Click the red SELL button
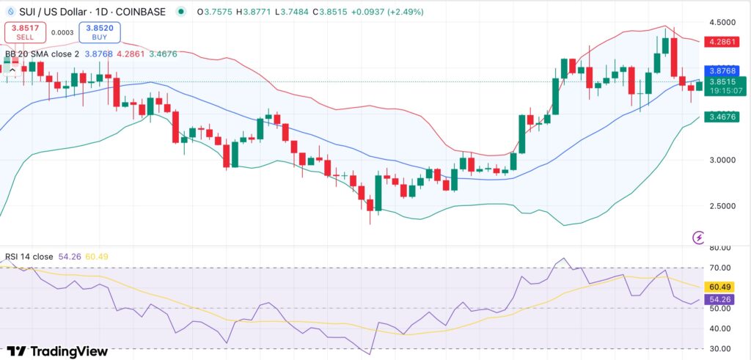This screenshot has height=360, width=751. tap(26, 32)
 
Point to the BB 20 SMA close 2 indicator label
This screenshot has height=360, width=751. tap(48, 54)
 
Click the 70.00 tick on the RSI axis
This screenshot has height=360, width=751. tap(722, 268)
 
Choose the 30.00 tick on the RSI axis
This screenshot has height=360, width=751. tap(722, 348)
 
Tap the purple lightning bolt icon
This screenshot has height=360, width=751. tap(699, 237)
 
